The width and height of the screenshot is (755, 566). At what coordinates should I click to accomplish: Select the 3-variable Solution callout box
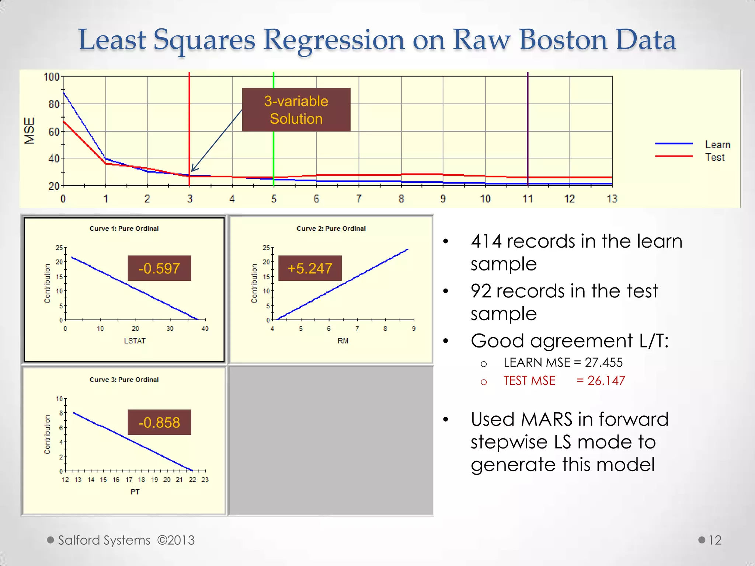[296, 110]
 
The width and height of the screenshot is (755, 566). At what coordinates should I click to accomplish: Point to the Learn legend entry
[717, 144]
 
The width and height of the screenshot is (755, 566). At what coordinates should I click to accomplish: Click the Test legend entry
[714, 157]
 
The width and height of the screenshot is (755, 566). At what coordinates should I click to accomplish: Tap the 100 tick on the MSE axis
[51, 77]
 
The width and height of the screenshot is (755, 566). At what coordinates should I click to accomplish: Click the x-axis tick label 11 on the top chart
[528, 199]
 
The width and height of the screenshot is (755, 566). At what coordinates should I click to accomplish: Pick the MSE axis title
[29, 130]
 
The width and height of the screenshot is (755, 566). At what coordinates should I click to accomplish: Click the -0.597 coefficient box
[159, 268]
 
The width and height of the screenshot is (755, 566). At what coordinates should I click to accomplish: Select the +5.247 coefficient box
[310, 268]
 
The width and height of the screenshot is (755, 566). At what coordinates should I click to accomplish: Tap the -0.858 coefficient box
[159, 422]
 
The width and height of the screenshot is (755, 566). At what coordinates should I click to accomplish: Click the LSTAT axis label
[135, 341]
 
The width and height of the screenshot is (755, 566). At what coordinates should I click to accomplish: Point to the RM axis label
[342, 341]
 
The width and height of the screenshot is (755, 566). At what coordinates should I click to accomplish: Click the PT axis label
[135, 492]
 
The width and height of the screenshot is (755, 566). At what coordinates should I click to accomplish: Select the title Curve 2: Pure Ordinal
[331, 228]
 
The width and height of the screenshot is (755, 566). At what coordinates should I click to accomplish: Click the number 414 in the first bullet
[486, 242]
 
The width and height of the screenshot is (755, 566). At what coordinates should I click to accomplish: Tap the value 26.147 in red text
[606, 381]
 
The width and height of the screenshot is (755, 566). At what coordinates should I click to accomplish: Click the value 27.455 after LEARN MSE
[603, 363]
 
